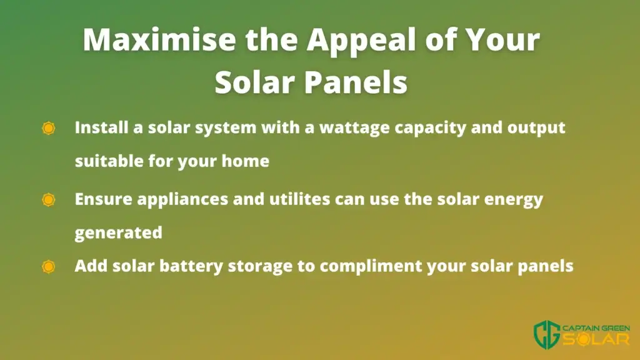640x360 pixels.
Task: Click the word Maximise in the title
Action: point(159,39)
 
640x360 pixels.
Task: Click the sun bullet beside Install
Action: point(49,128)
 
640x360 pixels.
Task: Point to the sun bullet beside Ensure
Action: point(49,199)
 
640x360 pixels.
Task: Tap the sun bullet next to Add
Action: point(49,266)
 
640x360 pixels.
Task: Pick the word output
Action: point(536,128)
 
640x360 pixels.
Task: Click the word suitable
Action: point(109,161)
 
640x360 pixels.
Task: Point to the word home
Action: point(245,161)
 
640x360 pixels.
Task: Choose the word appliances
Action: point(182,200)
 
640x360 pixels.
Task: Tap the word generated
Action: point(118,233)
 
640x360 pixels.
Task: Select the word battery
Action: point(191,266)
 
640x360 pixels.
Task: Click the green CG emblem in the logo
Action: point(547,334)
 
